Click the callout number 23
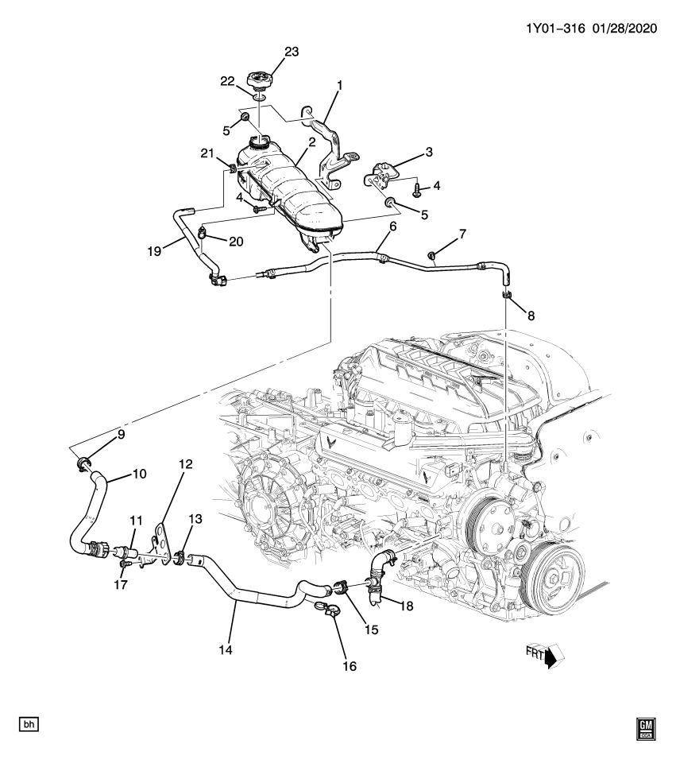pos(292,52)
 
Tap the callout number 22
pos(227,81)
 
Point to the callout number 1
pos(338,83)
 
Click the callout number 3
pos(428,151)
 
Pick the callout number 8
pos(530,315)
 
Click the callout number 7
pos(462,234)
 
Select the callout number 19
pos(154,250)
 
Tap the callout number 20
pos(237,241)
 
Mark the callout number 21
pos(208,153)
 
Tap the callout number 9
pos(121,434)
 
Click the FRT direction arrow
pos(549,656)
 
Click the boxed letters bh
pos(29,724)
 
